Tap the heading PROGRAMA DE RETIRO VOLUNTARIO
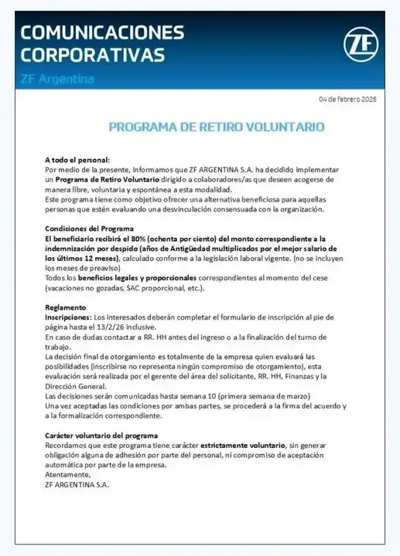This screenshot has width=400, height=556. [216, 127]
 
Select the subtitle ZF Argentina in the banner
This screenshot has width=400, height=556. [57, 79]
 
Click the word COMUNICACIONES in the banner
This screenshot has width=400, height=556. [102, 32]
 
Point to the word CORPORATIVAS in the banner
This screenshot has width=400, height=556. [92, 55]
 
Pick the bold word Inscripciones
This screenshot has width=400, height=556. [68, 317]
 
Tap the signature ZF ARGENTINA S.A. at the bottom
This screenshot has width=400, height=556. [77, 485]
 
